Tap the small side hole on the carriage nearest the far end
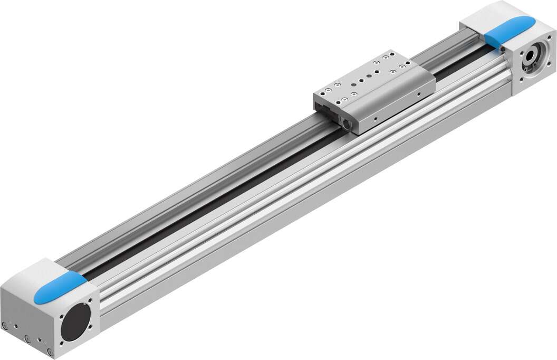point(418,96)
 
